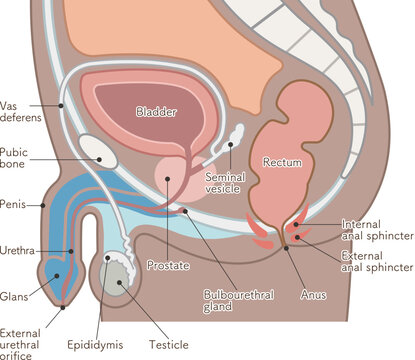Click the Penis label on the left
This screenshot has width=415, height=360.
[x=14, y=204]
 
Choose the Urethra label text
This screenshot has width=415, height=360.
[x=18, y=250]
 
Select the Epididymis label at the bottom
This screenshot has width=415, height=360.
[x=96, y=345]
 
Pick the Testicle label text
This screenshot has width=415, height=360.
[x=168, y=345]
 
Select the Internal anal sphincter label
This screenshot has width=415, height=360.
[x=376, y=229]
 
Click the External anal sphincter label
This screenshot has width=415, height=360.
[x=376, y=261]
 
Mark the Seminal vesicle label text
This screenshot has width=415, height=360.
[x=225, y=183]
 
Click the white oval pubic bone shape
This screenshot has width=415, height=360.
[x=99, y=151]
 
